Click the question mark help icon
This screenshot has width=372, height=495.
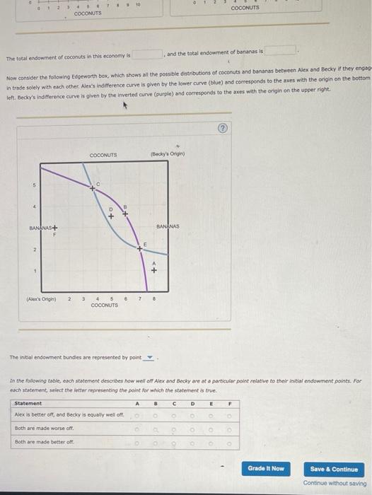point(224,128)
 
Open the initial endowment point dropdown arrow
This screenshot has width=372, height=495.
point(149,357)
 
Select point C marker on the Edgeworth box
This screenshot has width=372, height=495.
point(91,189)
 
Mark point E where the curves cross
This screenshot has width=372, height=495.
point(140,250)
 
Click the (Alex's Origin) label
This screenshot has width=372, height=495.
point(44,298)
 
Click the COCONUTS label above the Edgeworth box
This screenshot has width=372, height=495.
point(104,154)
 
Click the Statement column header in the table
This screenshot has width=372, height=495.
point(27,403)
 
